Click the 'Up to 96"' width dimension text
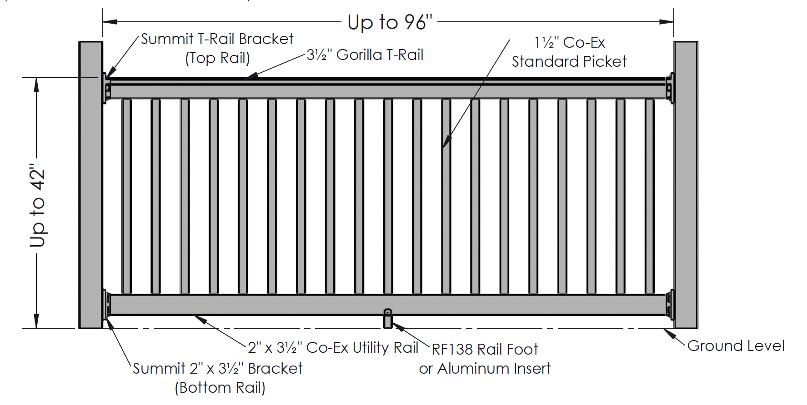[x=390, y=22]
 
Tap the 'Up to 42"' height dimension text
[x=38, y=205]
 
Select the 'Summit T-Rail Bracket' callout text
[x=217, y=39]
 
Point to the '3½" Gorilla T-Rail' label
[x=365, y=55]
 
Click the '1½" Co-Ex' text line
[x=570, y=43]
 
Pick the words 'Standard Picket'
[x=569, y=61]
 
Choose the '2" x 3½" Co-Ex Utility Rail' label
[x=333, y=348]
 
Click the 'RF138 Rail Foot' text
[x=485, y=349]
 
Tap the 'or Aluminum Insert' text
[x=485, y=368]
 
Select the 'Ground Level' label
[x=736, y=346]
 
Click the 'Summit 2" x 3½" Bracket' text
[x=217, y=368]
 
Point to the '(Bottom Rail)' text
[x=220, y=388]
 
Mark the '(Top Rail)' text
[x=217, y=58]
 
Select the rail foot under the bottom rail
[x=387, y=319]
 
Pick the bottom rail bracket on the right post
[x=670, y=304]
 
